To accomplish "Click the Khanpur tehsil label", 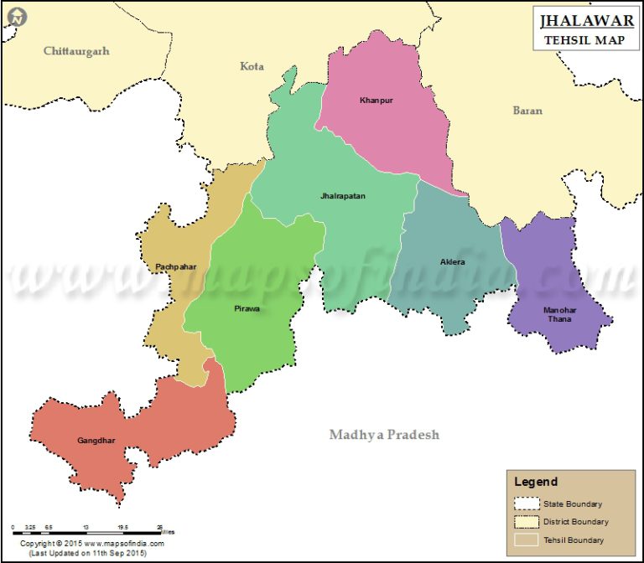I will pyautogui.click(x=376, y=101).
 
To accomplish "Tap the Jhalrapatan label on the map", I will pyautogui.click(x=342, y=196).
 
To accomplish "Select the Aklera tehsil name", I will pyautogui.click(x=452, y=262).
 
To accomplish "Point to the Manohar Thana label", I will pyautogui.click(x=558, y=314).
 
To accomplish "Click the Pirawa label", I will pyautogui.click(x=247, y=308).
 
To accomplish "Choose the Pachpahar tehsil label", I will pyautogui.click(x=175, y=266).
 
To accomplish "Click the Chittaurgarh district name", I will pyautogui.click(x=76, y=51).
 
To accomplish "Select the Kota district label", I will pyautogui.click(x=252, y=65).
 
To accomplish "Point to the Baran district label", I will pyautogui.click(x=527, y=110).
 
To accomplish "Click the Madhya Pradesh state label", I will pyautogui.click(x=384, y=435).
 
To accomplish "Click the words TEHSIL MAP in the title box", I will pyautogui.click(x=580, y=41).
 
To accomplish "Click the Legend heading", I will pyautogui.click(x=536, y=482).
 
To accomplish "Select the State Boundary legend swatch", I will pyautogui.click(x=526, y=504).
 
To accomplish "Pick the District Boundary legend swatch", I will pyautogui.click(x=526, y=521).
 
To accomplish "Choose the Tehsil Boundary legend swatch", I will pyautogui.click(x=526, y=540).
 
